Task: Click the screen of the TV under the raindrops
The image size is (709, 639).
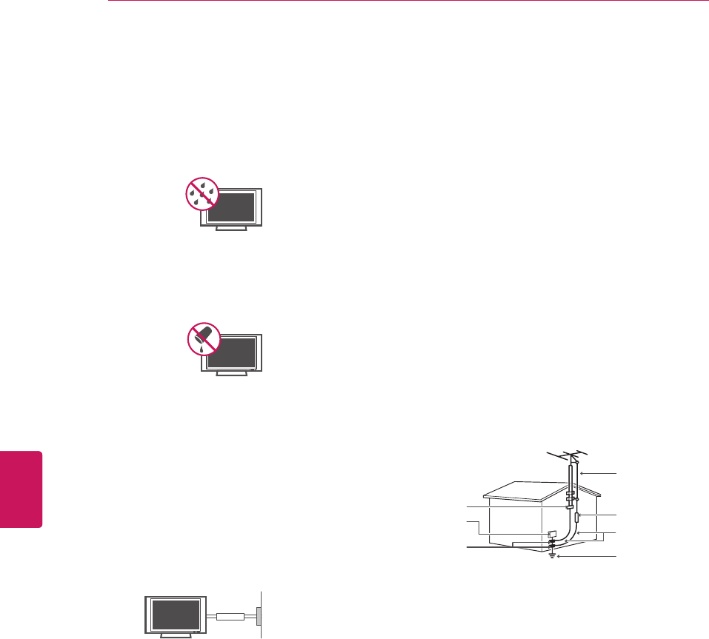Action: tap(232, 207)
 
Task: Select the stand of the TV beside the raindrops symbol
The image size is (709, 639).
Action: tap(231, 230)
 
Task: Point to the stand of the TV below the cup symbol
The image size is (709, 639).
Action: tap(231, 374)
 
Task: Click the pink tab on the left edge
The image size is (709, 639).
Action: tap(21, 489)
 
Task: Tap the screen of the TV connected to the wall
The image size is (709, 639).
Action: tap(176, 614)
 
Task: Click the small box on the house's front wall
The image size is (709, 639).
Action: tap(551, 535)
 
